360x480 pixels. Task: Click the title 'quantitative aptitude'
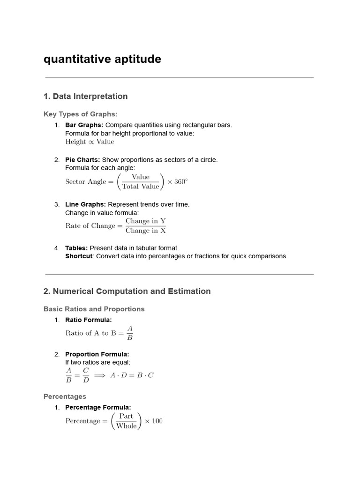click(x=102, y=59)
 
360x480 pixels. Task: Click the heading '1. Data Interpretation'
click(x=85, y=96)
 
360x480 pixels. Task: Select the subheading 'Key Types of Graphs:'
click(x=81, y=114)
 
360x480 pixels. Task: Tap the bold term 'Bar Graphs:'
click(x=84, y=125)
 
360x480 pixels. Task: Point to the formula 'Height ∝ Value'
click(x=90, y=142)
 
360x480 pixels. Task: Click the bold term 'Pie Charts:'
click(x=82, y=160)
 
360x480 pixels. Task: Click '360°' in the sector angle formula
click(x=180, y=182)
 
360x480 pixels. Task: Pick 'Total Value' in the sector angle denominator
click(x=141, y=187)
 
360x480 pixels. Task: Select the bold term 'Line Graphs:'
click(x=85, y=204)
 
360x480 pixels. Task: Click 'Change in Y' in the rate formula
click(x=145, y=221)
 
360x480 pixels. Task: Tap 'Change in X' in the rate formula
click(x=145, y=231)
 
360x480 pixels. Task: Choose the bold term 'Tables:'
click(x=76, y=248)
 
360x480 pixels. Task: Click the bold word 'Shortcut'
click(x=79, y=256)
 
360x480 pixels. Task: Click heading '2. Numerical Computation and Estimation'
click(x=127, y=291)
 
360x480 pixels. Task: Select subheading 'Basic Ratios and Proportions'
click(x=94, y=309)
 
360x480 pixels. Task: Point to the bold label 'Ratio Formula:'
click(x=89, y=320)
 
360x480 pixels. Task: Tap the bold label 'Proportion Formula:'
click(x=97, y=354)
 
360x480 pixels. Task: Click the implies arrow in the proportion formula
click(x=99, y=375)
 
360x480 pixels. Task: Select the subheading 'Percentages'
click(x=65, y=397)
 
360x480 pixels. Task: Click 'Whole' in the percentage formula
click(x=127, y=426)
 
